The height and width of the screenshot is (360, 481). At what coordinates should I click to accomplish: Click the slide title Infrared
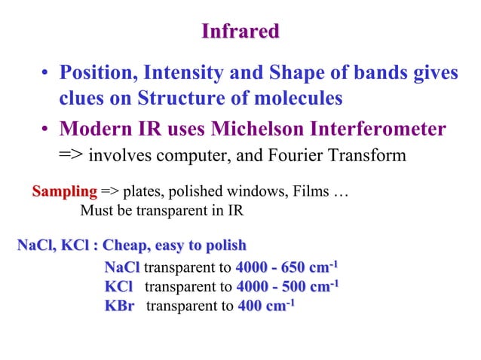pos(240,32)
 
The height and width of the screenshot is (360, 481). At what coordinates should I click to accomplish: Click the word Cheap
pos(127,246)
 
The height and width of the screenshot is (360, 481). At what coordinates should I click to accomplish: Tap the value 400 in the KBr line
pos(250,305)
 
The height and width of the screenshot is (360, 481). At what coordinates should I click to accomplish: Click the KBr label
pos(119,305)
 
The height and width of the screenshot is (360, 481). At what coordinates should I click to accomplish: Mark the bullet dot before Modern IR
pos(46,130)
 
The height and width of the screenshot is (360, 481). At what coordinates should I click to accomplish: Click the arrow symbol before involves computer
pos(72,156)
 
